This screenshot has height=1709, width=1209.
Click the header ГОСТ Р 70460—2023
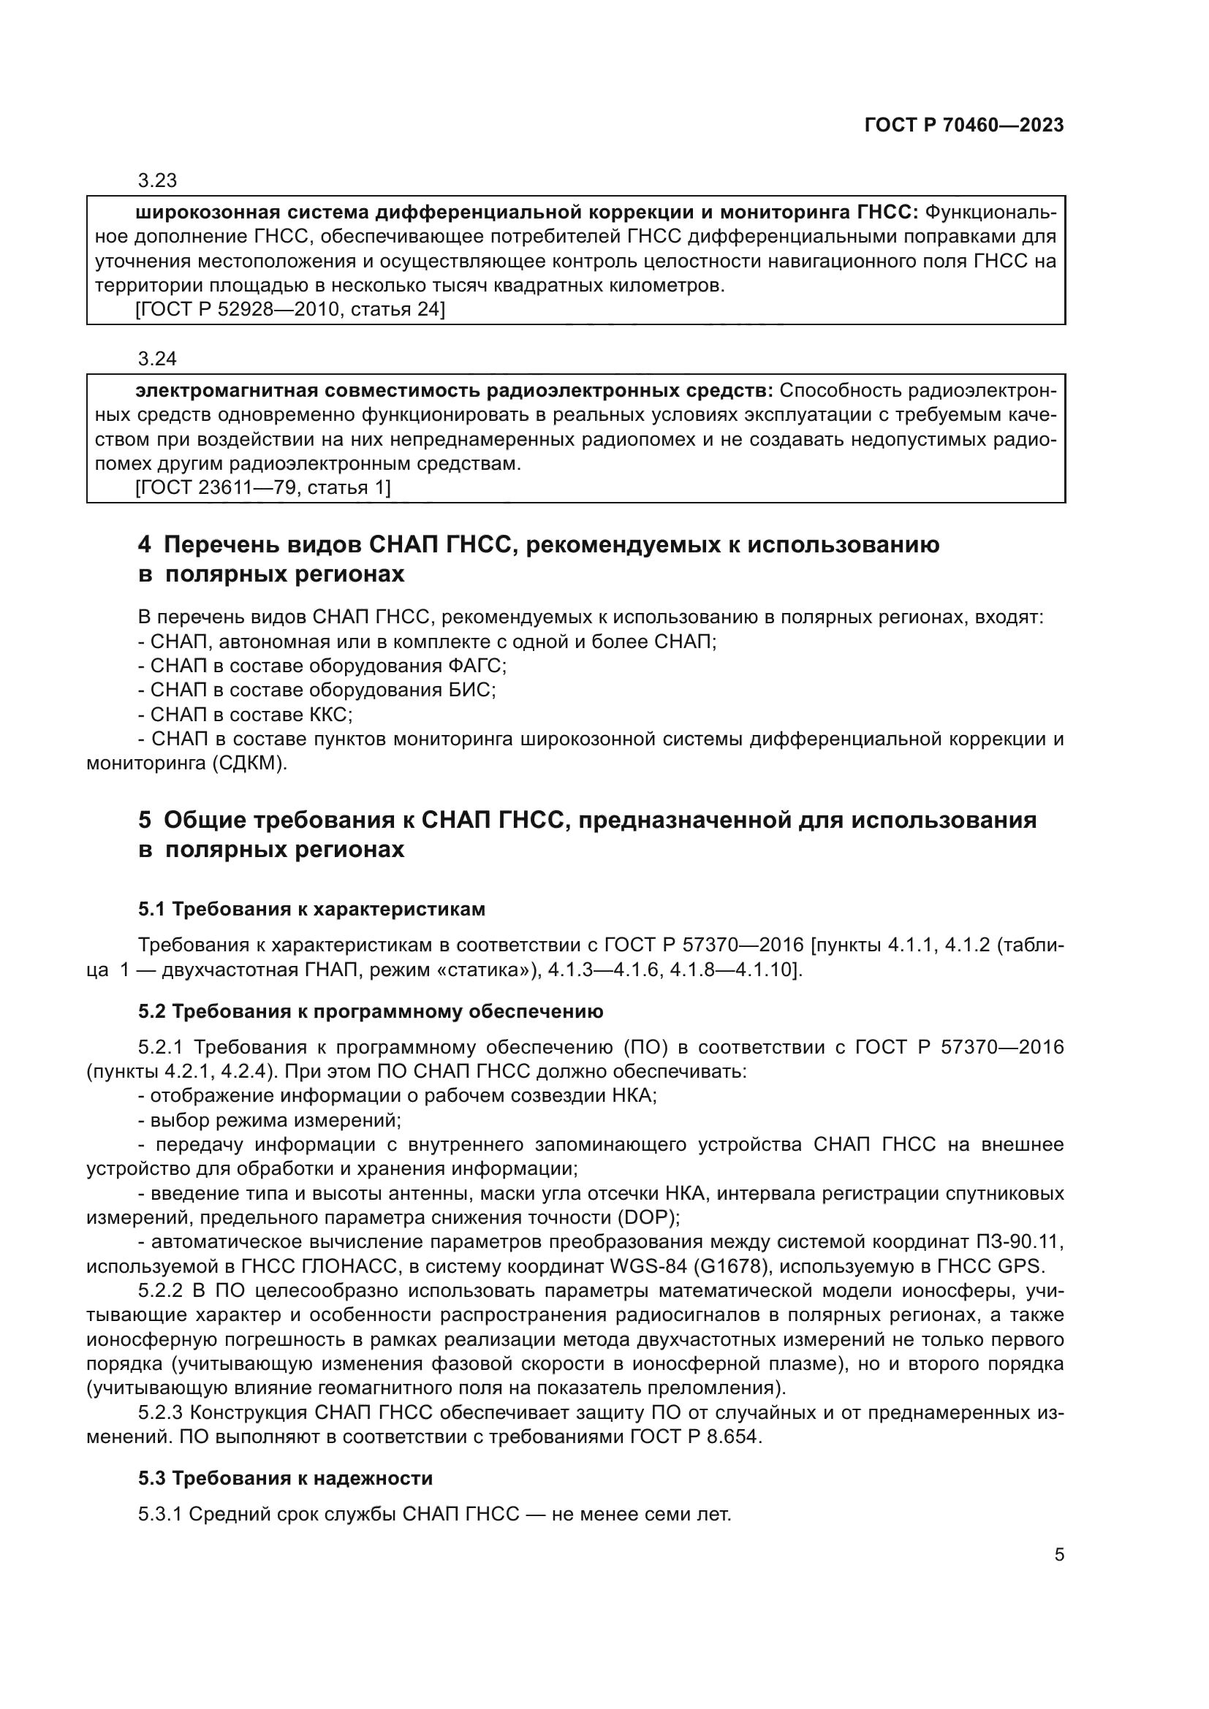963,125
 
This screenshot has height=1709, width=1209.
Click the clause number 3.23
157,181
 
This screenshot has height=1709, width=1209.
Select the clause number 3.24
157,359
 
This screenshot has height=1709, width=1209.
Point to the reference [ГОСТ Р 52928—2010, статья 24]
290,310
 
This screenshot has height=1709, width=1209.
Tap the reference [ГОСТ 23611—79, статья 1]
263,487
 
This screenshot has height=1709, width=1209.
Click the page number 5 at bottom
1058,1554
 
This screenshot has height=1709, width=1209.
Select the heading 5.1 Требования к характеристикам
311,909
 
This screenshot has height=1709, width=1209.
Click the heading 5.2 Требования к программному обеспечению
370,1010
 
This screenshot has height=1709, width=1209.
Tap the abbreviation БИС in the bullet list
471,690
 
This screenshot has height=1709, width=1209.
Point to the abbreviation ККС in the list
328,715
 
